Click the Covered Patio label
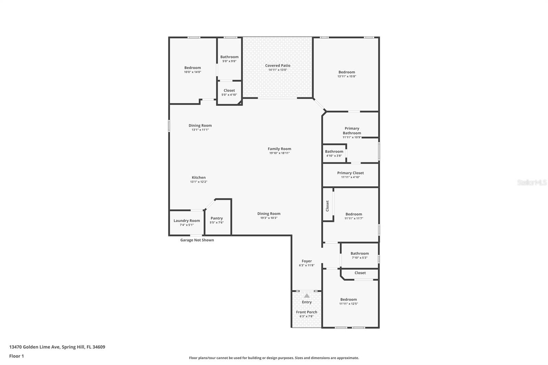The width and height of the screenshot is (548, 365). [277, 65]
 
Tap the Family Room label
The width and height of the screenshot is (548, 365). [279, 149]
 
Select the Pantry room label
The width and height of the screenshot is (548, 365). [216, 218]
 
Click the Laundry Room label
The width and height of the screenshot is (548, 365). [187, 221]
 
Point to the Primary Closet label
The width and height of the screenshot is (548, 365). [350, 173]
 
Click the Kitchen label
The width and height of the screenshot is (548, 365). [199, 177]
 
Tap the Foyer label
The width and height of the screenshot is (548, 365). [307, 261]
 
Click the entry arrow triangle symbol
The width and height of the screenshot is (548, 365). [307, 295]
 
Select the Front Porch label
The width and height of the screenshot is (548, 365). [307, 312]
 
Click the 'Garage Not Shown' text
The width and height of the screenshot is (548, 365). [197, 240]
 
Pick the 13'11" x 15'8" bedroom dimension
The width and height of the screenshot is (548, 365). [347, 76]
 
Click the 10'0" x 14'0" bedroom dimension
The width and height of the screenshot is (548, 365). [192, 72]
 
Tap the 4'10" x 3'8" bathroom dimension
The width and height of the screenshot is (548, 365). [334, 156]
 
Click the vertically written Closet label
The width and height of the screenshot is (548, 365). [327, 206]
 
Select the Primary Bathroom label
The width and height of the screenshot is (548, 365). [352, 131]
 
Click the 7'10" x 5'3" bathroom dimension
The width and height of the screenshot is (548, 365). [360, 258]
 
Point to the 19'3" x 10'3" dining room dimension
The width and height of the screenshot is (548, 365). [269, 218]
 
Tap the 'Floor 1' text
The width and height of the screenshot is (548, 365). [16, 356]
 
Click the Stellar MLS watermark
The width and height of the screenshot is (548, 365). [532, 182]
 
